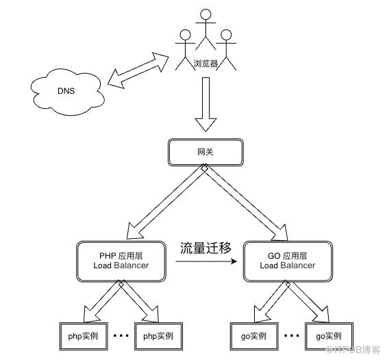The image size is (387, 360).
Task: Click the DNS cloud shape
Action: tap(67, 92)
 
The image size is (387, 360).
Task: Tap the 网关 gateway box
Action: tap(205, 152)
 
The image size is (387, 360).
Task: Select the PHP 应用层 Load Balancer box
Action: tap(121, 261)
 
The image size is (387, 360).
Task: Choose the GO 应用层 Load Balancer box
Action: tap(288, 261)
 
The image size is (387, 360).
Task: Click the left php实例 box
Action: tap(84, 336)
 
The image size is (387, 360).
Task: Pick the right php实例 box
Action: tap(158, 336)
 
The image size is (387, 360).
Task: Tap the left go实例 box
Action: tap(254, 336)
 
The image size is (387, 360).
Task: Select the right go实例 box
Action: tap(329, 336)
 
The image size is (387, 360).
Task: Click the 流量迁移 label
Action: tap(205, 248)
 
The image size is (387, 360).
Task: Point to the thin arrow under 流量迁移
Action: tap(206, 261)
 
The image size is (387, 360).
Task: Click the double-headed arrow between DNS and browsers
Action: tap(138, 70)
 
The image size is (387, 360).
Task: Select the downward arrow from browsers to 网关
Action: tap(206, 105)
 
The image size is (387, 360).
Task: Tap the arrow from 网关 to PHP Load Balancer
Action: tap(166, 202)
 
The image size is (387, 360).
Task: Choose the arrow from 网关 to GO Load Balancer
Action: tap(245, 202)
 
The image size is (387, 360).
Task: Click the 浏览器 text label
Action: tap(205, 64)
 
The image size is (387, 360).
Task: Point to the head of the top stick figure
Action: tap(205, 14)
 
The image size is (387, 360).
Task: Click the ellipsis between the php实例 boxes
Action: tap(121, 335)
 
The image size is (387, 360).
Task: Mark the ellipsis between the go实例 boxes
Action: tap(292, 335)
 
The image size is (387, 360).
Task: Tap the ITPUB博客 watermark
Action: tap(353, 350)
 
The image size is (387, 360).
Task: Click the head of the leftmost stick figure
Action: tap(186, 35)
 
